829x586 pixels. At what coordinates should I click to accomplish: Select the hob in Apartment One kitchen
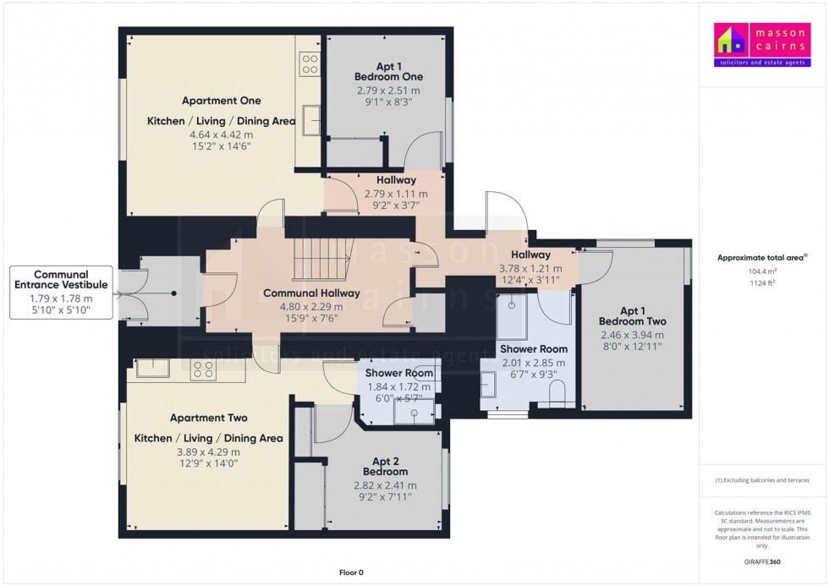pyautogui.click(x=309, y=64)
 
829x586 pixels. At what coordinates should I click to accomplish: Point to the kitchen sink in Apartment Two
pyautogui.click(x=152, y=368)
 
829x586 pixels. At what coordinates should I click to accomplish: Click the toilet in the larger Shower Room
pyautogui.click(x=557, y=393)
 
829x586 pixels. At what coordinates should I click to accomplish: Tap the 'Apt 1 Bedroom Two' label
pyautogui.click(x=632, y=315)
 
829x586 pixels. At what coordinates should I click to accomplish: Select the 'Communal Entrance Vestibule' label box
pyautogui.click(x=63, y=293)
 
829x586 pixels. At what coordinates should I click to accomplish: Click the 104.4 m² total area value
pyautogui.click(x=762, y=272)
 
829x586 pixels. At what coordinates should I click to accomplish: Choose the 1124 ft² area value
pyautogui.click(x=762, y=283)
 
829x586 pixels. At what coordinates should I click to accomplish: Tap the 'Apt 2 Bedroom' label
pyautogui.click(x=385, y=466)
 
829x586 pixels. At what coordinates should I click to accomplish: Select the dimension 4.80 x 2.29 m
pyautogui.click(x=311, y=306)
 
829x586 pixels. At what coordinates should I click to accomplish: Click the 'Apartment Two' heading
pyautogui.click(x=208, y=418)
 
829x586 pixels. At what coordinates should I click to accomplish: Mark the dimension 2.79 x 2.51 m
pyautogui.click(x=387, y=90)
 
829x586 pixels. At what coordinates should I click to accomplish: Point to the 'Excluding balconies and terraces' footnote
pyautogui.click(x=762, y=480)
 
